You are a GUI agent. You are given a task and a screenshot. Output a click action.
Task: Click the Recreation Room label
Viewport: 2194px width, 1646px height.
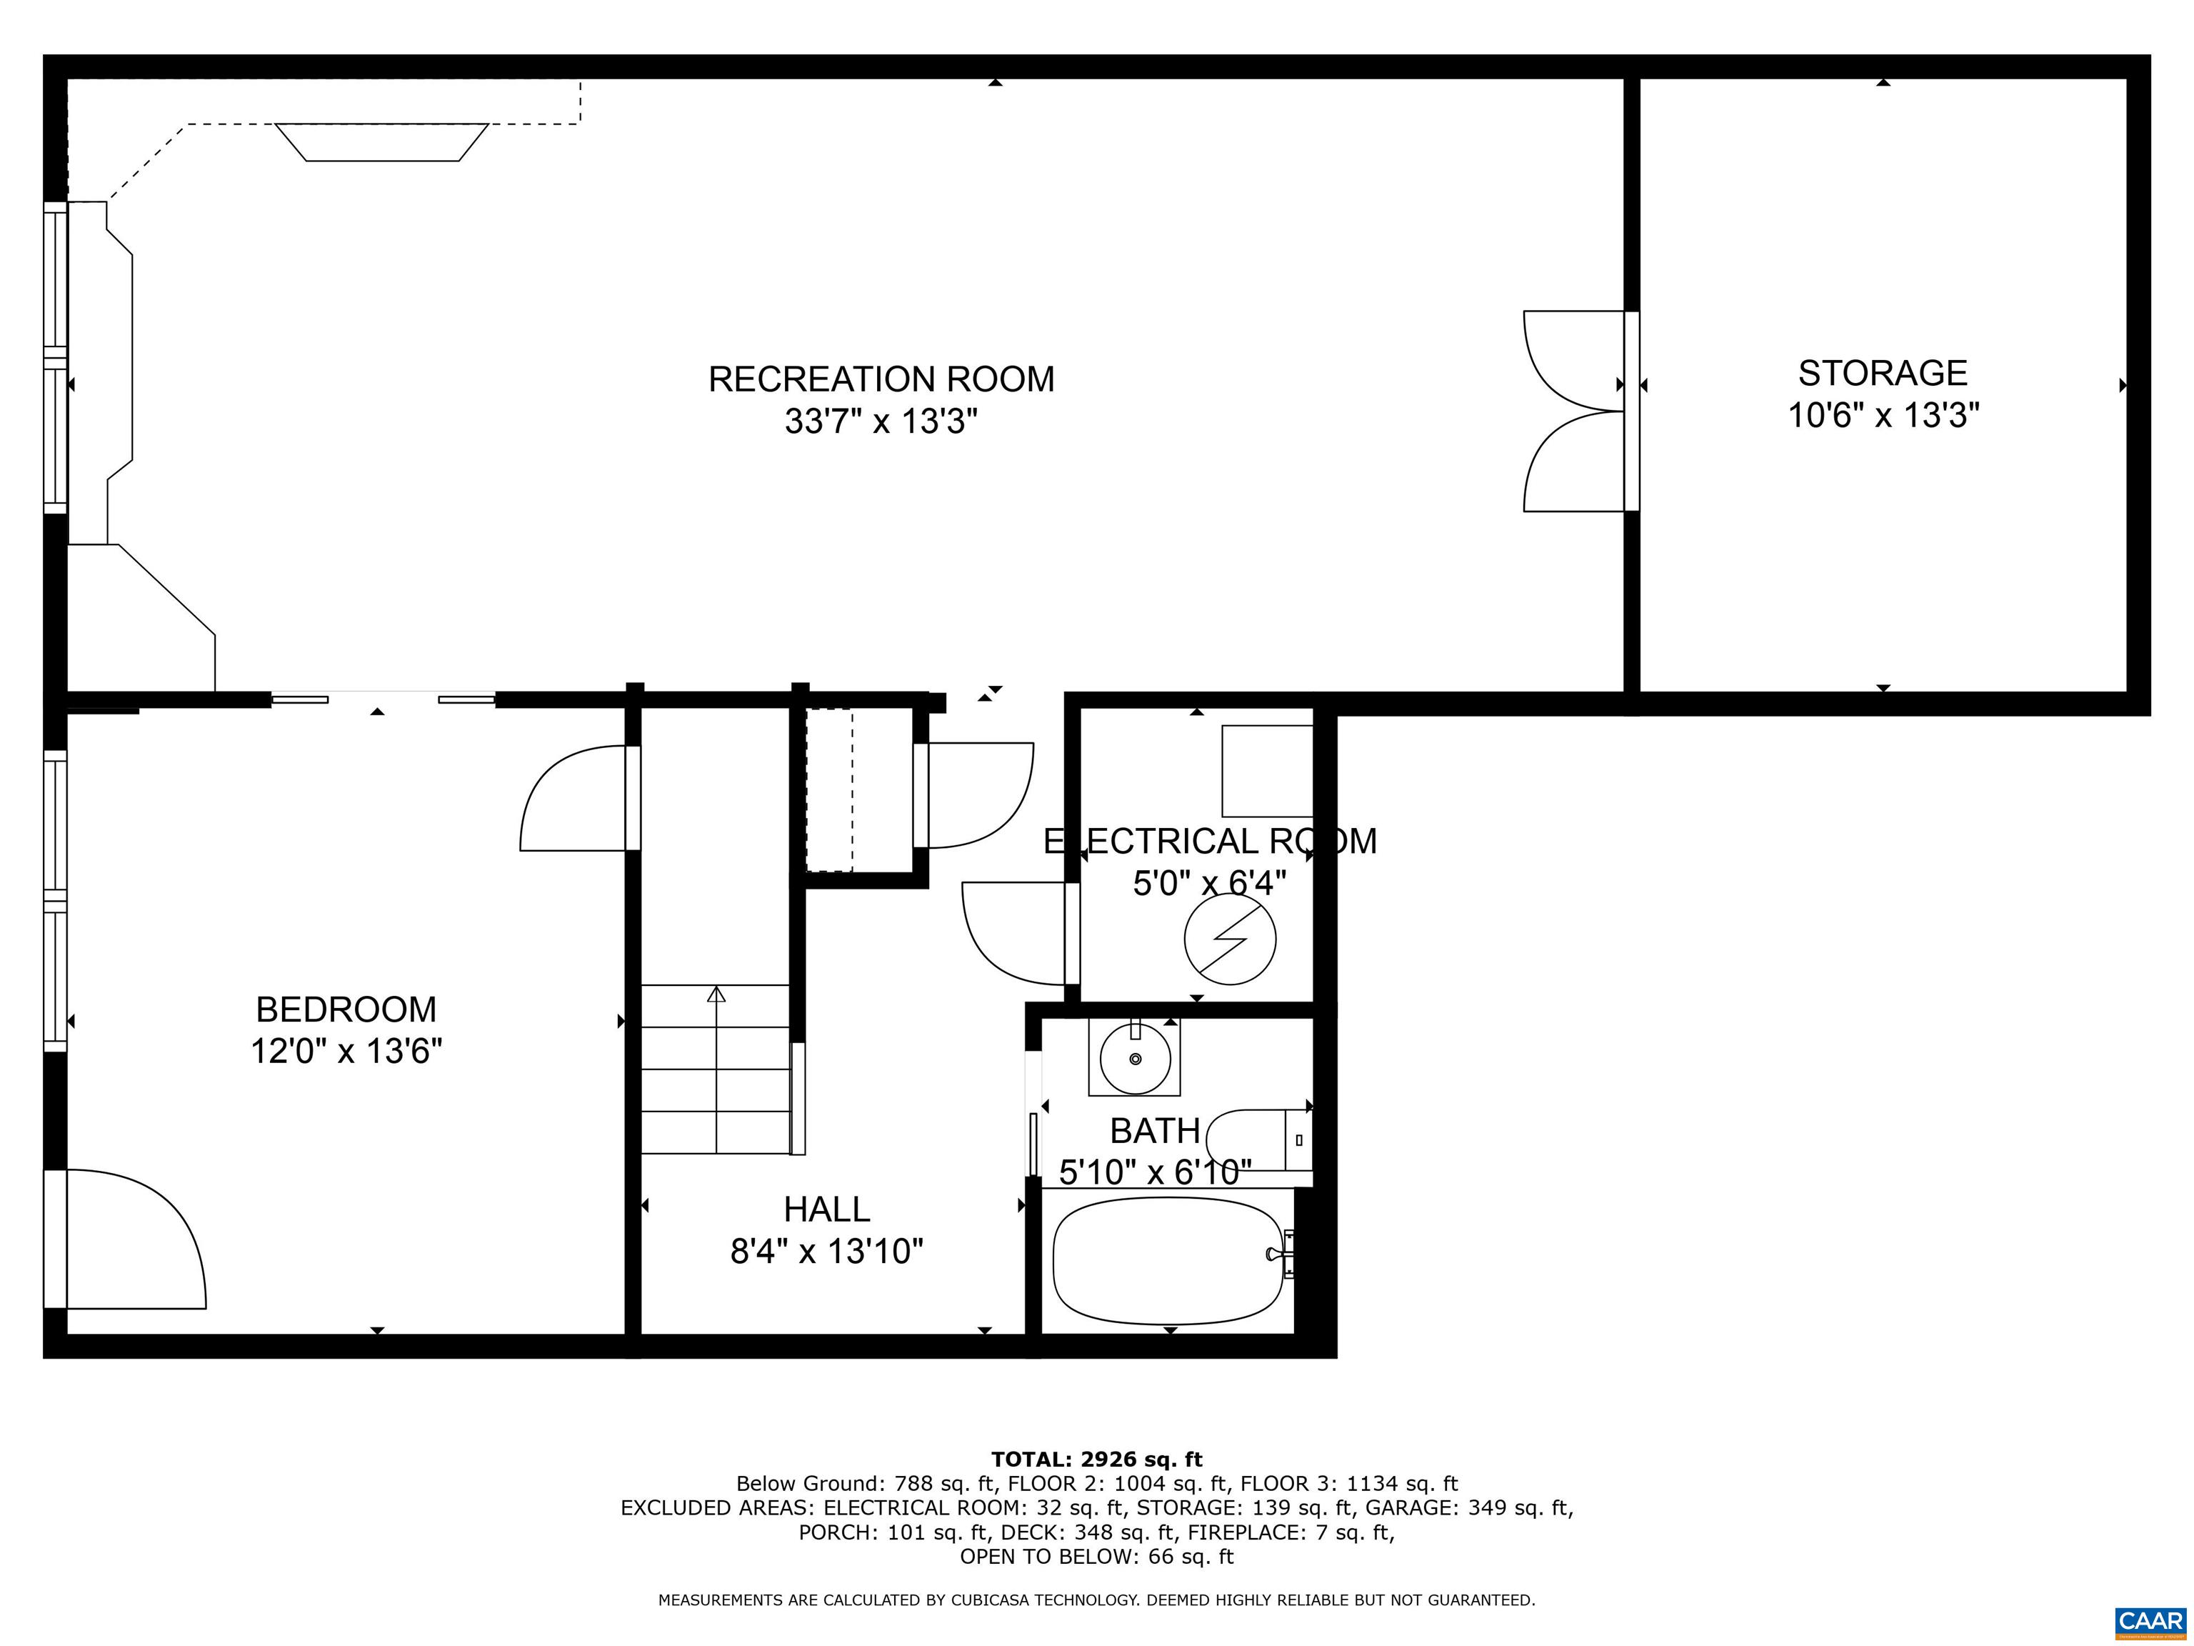881,379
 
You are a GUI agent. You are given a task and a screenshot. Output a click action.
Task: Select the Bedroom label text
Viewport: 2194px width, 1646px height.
346,1009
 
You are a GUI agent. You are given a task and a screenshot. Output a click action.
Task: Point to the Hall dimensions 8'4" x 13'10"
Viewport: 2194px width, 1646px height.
826,1251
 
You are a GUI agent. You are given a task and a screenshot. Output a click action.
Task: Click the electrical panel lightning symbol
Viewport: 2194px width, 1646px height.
1230,939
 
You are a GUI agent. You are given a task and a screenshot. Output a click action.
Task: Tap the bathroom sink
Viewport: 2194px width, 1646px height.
1135,1057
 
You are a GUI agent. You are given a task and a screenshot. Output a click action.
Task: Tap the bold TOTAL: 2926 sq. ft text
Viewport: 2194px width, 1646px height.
1096,1460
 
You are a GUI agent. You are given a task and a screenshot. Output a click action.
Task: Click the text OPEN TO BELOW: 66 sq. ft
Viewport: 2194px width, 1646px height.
1096,1557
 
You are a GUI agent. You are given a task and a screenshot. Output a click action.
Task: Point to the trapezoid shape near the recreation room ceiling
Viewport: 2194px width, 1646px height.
382,142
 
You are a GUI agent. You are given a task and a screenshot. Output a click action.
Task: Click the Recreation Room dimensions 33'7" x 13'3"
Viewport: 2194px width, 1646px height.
881,422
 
